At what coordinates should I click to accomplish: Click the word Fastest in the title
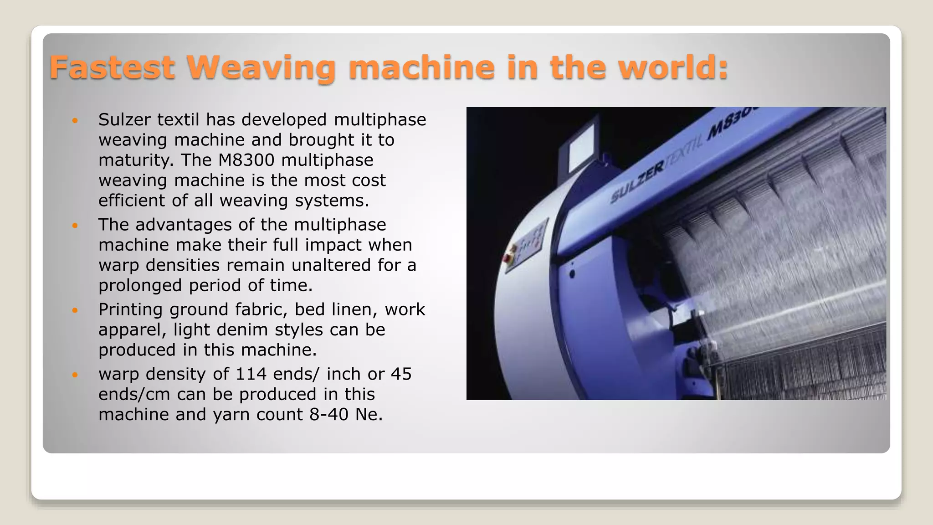112,67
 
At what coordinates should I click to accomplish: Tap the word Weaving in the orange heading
261,67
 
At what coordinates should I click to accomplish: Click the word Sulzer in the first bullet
124,119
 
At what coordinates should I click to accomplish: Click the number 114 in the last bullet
251,374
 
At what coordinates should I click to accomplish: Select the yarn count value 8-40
328,414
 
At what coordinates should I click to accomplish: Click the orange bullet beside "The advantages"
75,225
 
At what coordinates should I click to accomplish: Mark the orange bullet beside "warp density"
75,375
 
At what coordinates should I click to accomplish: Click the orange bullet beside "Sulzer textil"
75,120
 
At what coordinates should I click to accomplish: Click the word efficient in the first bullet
132,201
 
